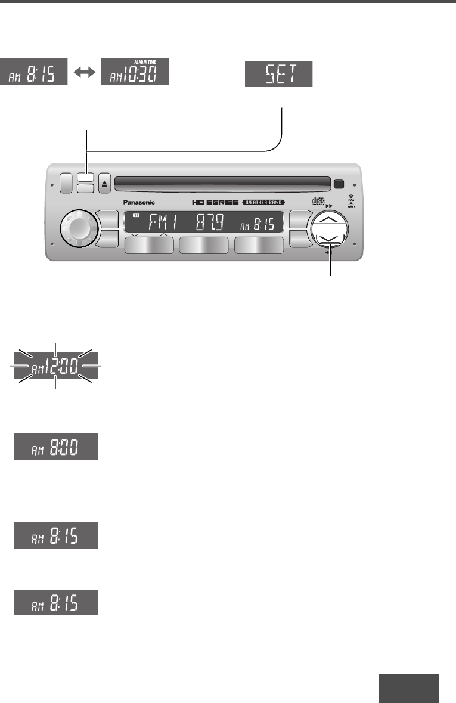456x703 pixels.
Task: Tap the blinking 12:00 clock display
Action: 55,365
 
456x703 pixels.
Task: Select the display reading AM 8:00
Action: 56,447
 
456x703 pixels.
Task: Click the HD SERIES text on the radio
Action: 215,203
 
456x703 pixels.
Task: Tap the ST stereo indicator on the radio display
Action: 136,218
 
